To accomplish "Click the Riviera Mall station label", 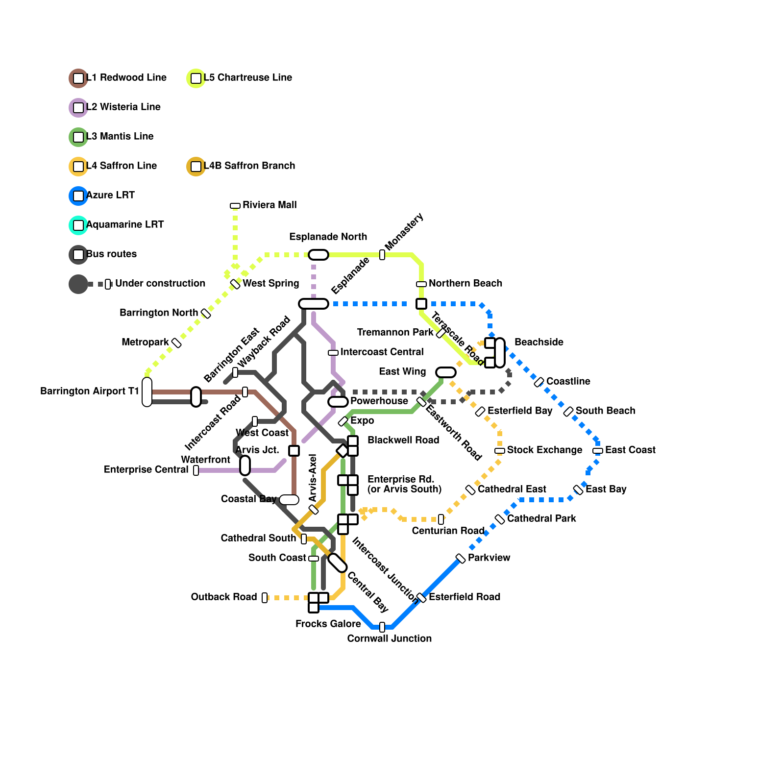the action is (269, 205).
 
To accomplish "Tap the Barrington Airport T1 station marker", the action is (147, 392).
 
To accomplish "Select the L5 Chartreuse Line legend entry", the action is (240, 78).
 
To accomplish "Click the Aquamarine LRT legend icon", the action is (78, 225).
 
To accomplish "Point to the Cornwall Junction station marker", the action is (382, 627).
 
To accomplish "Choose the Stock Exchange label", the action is (544, 450).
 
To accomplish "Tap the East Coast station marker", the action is (598, 451).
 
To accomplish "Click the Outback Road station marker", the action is (265, 598).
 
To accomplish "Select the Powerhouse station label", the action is (379, 401).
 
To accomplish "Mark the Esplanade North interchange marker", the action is (318, 255).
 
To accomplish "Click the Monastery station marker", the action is (382, 255).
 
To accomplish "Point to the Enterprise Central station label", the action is (146, 469).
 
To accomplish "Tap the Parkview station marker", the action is (461, 559).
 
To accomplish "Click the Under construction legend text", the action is (160, 283).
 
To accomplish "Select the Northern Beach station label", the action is (465, 283).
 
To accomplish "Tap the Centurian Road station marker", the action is (441, 519).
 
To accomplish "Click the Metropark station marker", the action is (176, 343).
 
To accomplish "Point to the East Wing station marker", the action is (446, 372).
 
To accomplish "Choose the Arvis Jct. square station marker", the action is (294, 451).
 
